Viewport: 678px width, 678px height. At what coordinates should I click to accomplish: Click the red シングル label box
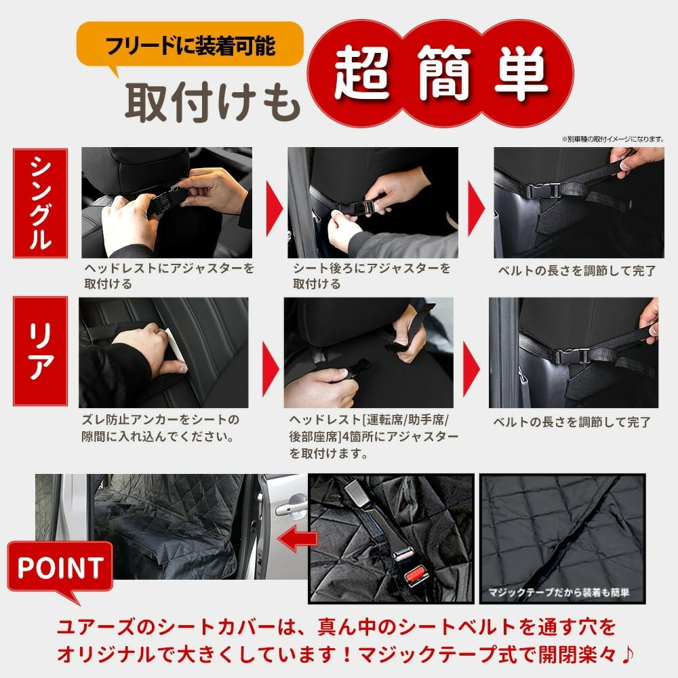41,203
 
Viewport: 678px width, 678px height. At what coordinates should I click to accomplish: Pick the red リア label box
41,351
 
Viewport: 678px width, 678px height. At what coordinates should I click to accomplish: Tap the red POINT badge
60,567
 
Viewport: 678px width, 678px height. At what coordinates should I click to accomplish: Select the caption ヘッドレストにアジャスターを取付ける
168,276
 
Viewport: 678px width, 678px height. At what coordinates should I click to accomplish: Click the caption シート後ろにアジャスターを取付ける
372,276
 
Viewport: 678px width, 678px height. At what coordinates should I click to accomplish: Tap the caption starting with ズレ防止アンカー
161,428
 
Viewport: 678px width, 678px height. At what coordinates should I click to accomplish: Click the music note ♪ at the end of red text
630,656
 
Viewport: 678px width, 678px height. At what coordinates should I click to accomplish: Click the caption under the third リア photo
572,422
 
